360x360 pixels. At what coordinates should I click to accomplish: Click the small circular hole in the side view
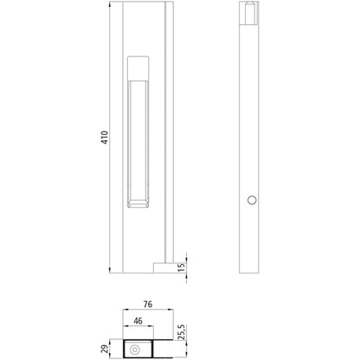[x=251, y=201]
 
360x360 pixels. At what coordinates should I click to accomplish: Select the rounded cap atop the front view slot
[x=138, y=66]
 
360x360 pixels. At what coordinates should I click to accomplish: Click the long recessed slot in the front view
[x=138, y=138]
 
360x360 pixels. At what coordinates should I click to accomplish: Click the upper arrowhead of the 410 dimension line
[x=112, y=7]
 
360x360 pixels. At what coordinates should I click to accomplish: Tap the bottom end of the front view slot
[x=138, y=205]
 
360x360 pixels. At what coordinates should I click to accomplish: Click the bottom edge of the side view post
[x=250, y=269]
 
